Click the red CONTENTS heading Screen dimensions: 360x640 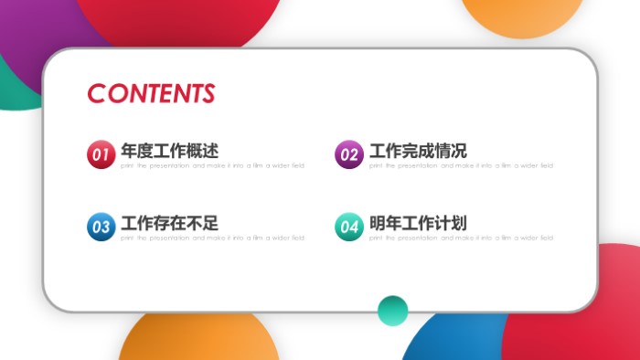click(x=151, y=93)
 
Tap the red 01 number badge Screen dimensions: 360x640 click(x=101, y=155)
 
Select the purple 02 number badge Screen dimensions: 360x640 click(x=349, y=155)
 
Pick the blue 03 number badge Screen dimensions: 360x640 click(x=101, y=227)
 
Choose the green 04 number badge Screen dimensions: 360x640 click(x=349, y=227)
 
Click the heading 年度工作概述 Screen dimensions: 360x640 click(x=169, y=151)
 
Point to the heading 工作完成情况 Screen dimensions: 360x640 click(x=418, y=151)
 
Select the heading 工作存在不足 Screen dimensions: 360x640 click(x=169, y=223)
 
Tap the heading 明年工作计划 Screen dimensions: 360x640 click(x=418, y=223)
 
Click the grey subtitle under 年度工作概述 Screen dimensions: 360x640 click(x=212, y=166)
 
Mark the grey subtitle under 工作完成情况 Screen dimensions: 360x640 click(x=461, y=166)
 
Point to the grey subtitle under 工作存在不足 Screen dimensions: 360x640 click(x=212, y=238)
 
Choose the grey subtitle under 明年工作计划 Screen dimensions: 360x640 click(x=461, y=238)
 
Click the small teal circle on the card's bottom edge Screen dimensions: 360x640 click(x=393, y=311)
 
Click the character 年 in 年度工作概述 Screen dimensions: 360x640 click(x=130, y=151)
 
